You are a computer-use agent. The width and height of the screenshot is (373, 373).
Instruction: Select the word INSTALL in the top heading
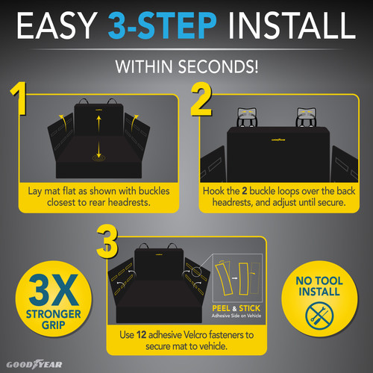point(304,29)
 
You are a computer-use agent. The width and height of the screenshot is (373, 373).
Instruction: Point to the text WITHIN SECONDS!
point(186,66)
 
